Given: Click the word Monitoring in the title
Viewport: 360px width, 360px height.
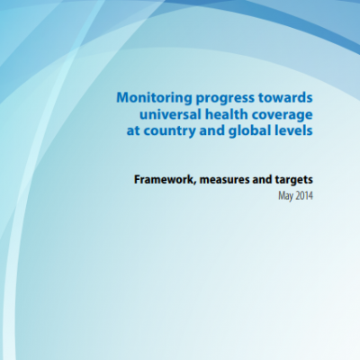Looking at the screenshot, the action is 154,98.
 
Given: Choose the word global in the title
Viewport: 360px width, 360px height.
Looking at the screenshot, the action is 250,132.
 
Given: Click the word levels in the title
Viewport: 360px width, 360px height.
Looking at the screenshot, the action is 294,131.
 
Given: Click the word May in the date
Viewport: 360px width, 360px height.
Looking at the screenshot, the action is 285,196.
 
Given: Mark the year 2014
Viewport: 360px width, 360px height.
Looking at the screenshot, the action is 303,196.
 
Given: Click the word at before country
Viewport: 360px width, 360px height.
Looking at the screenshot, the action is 133,131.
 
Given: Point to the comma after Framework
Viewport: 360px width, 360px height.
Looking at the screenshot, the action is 196,184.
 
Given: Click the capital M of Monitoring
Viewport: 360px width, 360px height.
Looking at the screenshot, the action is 123,98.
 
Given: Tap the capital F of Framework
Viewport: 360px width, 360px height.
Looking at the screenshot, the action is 138,180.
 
